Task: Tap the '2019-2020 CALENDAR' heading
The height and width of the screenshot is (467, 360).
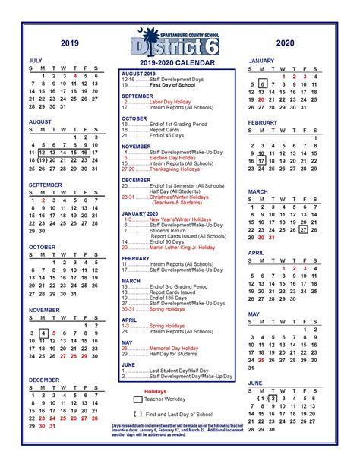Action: pos(175,62)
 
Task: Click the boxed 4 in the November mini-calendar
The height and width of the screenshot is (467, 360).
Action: pos(43,333)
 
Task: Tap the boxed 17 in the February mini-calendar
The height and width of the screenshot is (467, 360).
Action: pos(261,161)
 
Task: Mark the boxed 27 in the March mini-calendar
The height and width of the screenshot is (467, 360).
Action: pos(303,229)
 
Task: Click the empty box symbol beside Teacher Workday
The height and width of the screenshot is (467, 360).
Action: pos(137,399)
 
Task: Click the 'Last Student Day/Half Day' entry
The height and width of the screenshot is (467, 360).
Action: pos(171,370)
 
